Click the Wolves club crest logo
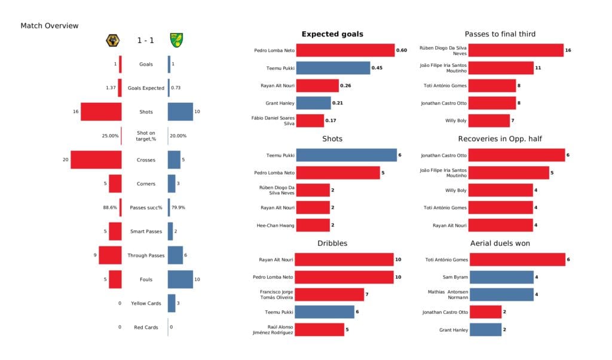(111, 41)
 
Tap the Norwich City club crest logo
(177, 41)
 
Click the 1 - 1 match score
(145, 41)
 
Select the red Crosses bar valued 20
(96, 160)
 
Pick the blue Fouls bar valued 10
(180, 279)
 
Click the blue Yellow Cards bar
(172, 303)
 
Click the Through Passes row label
(145, 255)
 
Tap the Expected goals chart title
(332, 34)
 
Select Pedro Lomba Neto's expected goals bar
(345, 51)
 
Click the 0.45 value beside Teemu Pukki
(377, 68)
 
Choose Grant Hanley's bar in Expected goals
(313, 103)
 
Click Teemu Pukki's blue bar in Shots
(346, 155)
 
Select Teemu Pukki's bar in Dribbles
(325, 312)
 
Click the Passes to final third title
(500, 34)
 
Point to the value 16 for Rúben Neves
(568, 51)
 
